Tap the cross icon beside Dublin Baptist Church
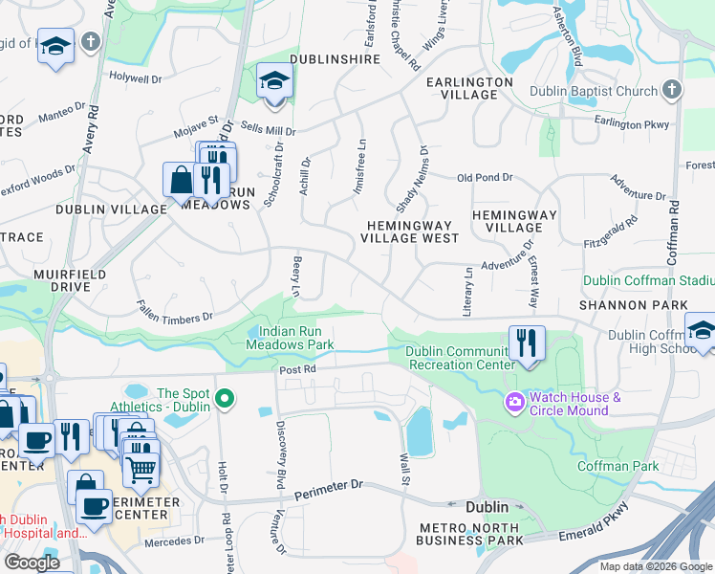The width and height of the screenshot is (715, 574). [x=672, y=91]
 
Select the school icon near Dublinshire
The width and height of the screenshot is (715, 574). [x=274, y=81]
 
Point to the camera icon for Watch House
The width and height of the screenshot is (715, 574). [x=515, y=403]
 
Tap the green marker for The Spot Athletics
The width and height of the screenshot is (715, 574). [x=226, y=399]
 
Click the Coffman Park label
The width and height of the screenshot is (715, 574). [x=617, y=466]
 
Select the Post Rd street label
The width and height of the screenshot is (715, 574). [x=296, y=368]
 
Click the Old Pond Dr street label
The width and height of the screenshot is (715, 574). [x=485, y=178]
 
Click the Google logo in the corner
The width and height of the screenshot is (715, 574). [x=32, y=563]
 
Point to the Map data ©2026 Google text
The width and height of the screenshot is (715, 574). [x=655, y=566]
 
